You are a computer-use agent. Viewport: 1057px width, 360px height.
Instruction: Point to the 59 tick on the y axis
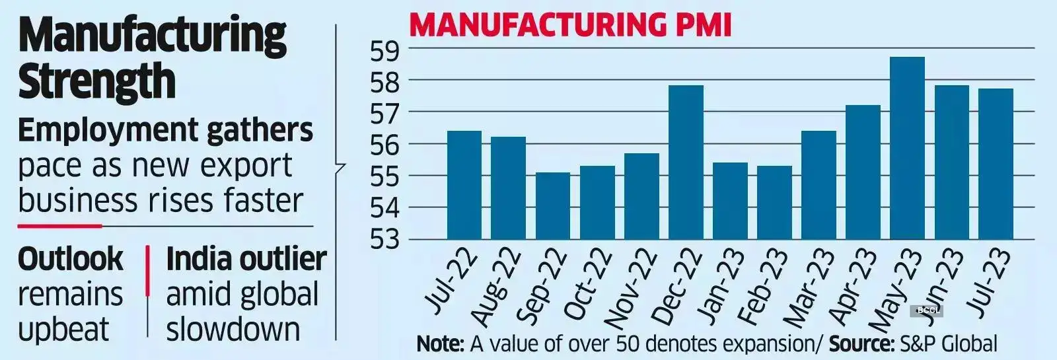click(x=385, y=50)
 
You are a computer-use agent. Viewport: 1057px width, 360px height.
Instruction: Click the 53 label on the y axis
click(x=385, y=240)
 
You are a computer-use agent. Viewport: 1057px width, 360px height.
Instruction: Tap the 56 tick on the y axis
click(x=385, y=145)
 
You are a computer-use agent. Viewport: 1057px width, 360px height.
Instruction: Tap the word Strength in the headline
click(x=96, y=81)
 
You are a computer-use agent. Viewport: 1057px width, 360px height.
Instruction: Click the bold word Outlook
click(x=70, y=259)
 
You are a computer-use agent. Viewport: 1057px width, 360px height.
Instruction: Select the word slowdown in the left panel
click(x=233, y=330)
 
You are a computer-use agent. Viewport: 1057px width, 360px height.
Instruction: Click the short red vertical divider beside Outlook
click(x=147, y=271)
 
